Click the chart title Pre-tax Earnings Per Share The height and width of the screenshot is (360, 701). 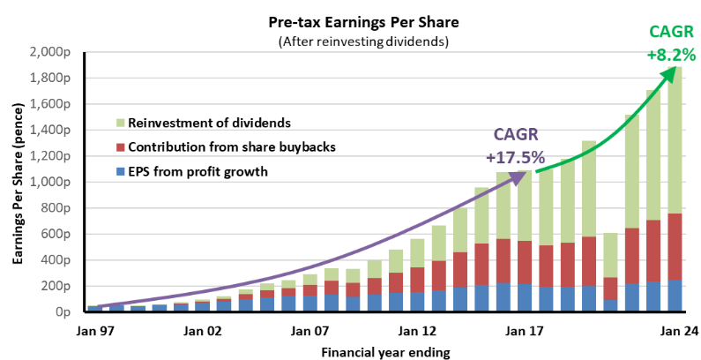363,22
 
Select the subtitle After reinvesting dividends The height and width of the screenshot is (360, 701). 363,41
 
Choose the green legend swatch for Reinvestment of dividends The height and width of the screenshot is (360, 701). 120,123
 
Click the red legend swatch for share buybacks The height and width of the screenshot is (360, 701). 120,146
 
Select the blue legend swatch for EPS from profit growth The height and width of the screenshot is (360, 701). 120,170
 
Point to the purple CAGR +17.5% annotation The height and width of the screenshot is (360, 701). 515,151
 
